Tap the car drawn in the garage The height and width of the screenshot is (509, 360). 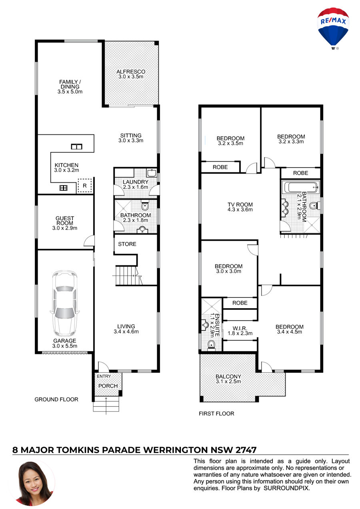click(65, 304)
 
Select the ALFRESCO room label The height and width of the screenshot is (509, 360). click(131, 72)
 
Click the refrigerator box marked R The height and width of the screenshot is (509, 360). click(84, 186)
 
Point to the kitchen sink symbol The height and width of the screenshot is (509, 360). click(76, 147)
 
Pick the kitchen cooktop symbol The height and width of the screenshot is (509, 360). click(64, 188)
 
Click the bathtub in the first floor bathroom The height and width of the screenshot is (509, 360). click(301, 187)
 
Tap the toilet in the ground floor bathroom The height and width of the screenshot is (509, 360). click(145, 206)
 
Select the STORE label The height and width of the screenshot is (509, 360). click(127, 244)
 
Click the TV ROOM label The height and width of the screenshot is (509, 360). click(240, 204)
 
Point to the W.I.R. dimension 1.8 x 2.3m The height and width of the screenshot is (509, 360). click(240, 333)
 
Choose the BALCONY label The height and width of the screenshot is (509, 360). click(228, 377)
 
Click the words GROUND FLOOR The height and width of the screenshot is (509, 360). click(56, 399)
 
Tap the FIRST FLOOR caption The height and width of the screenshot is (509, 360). click(216, 413)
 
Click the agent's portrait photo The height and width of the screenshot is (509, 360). click(34, 483)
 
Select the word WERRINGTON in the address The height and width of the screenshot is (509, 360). click(176, 450)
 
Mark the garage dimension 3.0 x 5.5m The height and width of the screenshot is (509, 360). click(65, 346)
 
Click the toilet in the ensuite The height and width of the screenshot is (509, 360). click(211, 345)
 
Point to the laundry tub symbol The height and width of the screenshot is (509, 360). click(151, 173)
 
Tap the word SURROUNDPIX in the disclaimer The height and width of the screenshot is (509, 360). click(286, 488)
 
